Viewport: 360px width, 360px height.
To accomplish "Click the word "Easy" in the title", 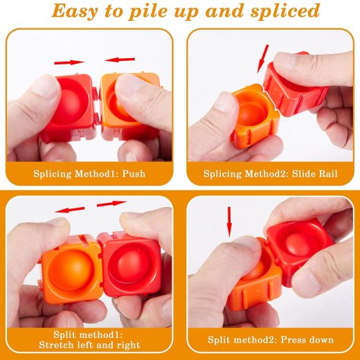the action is tap(74, 11).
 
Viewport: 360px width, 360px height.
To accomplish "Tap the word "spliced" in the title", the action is tap(285, 11).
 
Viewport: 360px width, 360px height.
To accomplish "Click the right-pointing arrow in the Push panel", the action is tap(69, 62).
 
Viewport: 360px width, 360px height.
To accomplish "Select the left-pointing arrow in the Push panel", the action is tap(119, 60).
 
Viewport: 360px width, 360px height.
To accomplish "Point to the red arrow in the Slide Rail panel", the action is tap(263, 59).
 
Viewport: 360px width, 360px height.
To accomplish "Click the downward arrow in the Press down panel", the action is tap(229, 222).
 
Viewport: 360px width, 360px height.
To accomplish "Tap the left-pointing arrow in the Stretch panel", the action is tap(69, 210).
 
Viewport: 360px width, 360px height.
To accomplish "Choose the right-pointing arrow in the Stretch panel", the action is tap(111, 204).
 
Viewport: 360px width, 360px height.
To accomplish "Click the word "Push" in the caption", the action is tap(134, 174).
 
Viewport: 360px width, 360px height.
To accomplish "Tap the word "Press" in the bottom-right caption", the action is tap(291, 340).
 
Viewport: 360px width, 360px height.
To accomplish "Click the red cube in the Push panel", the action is tap(69, 107).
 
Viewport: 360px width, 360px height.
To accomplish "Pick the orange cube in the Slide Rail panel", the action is tap(254, 116).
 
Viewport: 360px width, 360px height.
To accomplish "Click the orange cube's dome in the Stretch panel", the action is tap(71, 269).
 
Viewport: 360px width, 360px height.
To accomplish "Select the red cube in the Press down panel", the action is tap(300, 251).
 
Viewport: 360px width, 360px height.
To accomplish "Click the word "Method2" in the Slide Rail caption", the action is tap(267, 174).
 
